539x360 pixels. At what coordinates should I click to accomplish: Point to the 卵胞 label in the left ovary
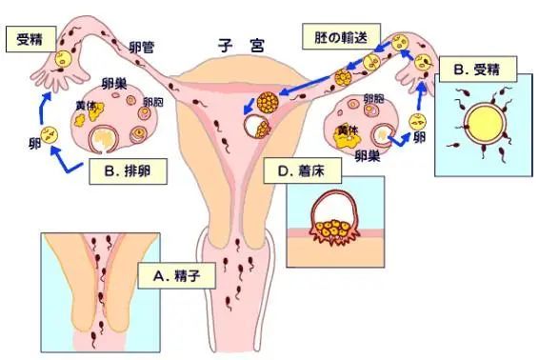(152, 103)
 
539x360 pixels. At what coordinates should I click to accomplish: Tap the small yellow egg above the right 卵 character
(416, 121)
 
